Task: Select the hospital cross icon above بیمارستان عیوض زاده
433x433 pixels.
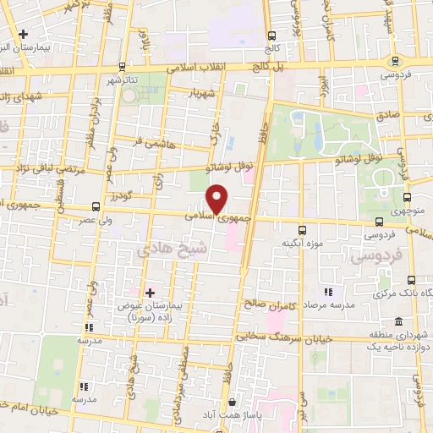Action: click(x=151, y=293)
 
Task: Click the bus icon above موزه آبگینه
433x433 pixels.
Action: click(x=302, y=229)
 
